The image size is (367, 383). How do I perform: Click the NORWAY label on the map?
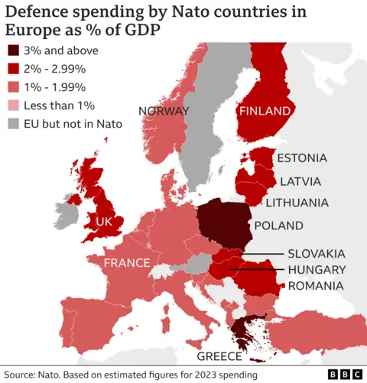[x=164, y=111]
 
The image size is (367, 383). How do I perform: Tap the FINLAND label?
[x=265, y=111]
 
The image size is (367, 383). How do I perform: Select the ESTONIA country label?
[x=301, y=158]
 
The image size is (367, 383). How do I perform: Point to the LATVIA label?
[x=300, y=181]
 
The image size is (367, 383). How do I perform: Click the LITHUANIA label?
[x=297, y=203]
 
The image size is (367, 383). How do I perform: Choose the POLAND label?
[x=278, y=226]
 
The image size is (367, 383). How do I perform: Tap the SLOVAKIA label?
[x=317, y=253]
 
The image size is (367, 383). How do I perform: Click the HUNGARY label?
[x=317, y=270]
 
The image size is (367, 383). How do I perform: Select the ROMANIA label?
[x=315, y=286]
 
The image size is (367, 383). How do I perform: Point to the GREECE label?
[x=219, y=356]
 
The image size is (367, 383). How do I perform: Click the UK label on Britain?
[x=104, y=222]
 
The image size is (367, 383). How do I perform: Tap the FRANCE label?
[x=126, y=263]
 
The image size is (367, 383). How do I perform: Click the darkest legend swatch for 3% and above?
[x=15, y=52]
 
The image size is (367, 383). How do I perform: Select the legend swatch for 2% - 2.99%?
[x=15, y=70]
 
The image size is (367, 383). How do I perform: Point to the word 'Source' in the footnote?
[x=21, y=374]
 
